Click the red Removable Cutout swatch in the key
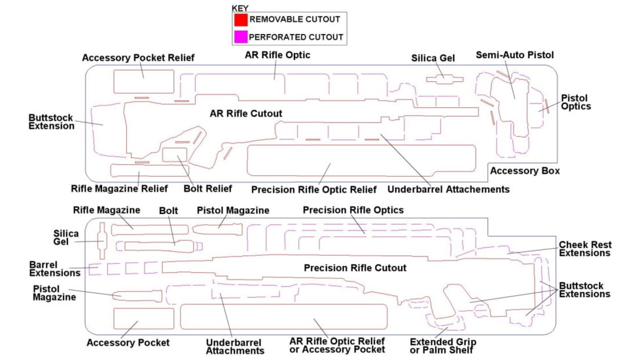241,20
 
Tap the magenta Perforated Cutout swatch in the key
241,37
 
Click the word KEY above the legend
240,8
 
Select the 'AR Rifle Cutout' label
246,114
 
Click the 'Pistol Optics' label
576,102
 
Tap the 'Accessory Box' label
525,171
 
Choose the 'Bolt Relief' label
207,189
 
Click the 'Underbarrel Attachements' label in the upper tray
448,189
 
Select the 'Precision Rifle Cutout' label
355,268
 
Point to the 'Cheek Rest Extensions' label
584,249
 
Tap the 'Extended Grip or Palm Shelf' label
442,346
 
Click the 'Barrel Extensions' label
54,268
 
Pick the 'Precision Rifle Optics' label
353,210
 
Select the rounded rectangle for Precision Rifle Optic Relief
361,160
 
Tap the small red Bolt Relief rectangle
175,155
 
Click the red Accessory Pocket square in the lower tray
143,317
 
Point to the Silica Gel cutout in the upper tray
444,79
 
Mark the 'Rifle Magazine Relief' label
120,189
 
